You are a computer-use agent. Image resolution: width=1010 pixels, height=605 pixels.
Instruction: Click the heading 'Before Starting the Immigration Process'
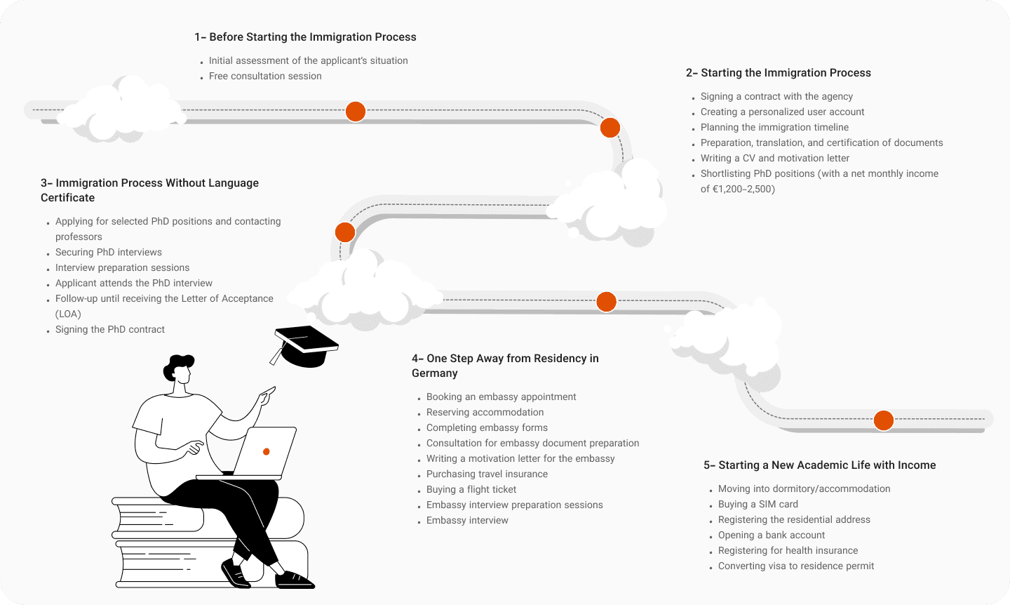click(312, 37)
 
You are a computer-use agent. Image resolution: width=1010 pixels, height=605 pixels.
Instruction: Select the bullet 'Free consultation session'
click(265, 76)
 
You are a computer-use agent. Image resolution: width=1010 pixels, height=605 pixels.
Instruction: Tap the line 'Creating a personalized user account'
click(782, 112)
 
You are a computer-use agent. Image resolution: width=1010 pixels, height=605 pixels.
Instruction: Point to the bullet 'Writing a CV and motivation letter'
click(774, 158)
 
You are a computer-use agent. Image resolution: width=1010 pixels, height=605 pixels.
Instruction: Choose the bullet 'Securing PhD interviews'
click(109, 252)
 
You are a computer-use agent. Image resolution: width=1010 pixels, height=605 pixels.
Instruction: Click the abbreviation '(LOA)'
click(68, 314)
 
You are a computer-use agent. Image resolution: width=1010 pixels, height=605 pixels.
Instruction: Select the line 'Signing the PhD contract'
click(110, 329)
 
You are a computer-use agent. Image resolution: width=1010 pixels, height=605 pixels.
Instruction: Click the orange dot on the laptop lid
click(267, 451)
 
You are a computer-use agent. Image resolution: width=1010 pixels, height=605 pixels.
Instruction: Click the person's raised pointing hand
click(267, 394)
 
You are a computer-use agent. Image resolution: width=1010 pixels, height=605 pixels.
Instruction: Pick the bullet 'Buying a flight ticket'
click(471, 489)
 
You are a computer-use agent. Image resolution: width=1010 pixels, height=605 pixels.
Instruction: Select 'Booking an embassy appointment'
click(501, 397)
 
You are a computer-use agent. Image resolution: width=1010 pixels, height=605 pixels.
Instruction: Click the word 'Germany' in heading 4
click(435, 373)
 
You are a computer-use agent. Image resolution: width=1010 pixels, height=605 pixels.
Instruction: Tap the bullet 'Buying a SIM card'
click(757, 504)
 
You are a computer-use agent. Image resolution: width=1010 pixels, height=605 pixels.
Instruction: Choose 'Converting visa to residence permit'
click(796, 566)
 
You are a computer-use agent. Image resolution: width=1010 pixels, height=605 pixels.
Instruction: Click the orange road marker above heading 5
click(884, 420)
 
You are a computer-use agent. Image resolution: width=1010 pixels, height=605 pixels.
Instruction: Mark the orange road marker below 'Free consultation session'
click(356, 112)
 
